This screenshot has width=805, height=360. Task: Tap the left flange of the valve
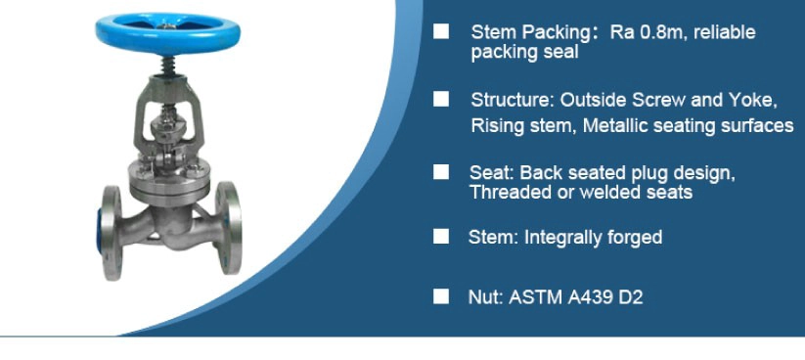[x=112, y=232]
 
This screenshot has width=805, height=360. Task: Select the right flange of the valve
[x=228, y=228]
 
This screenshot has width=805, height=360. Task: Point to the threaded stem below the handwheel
[x=168, y=66]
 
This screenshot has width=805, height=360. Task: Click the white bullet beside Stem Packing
[x=440, y=31]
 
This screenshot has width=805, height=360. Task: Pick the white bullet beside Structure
[x=440, y=99]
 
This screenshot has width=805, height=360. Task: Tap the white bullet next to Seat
[x=440, y=172]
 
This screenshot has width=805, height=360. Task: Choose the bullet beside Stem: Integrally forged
[x=440, y=236]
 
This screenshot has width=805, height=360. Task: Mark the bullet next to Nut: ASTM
[x=440, y=296]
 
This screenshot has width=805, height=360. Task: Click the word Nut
[x=483, y=297]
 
